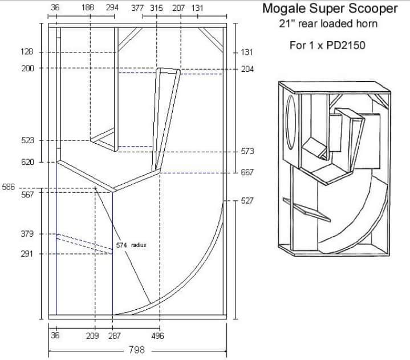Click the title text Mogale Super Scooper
pos(329,9)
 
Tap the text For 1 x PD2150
pos(327,45)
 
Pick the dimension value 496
pos(158,336)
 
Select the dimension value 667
pos(247,172)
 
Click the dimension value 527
pos(247,201)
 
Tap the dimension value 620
pos(27,162)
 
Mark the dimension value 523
pos(27,140)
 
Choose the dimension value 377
pos(137,9)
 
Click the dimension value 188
pos(88,9)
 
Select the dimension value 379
pos(27,234)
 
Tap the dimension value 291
pos(27,253)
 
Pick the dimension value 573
pos(247,152)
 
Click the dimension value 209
pos(92,336)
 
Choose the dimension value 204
pos(247,68)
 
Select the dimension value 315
pos(156,9)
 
